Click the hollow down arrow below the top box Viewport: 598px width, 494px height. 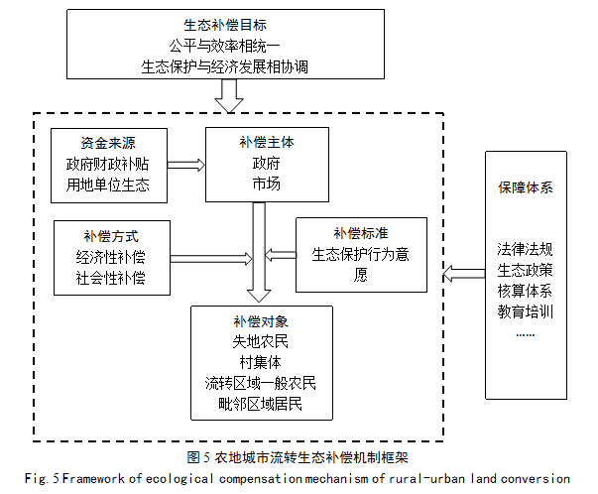coord(229,96)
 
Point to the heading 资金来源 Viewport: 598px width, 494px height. coord(108,144)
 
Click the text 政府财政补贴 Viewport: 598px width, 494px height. coord(108,164)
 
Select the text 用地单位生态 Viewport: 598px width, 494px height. coord(108,184)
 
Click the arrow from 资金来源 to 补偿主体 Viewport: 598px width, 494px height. coord(185,164)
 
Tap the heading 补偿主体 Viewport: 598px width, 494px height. coord(268,142)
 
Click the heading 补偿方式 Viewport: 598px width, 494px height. coord(111,237)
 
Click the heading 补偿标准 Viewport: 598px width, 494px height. coord(361,233)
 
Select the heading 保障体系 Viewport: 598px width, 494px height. coord(526,187)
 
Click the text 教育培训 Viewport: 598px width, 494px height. coord(526,310)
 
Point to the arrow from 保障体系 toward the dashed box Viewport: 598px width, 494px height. coord(462,270)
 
